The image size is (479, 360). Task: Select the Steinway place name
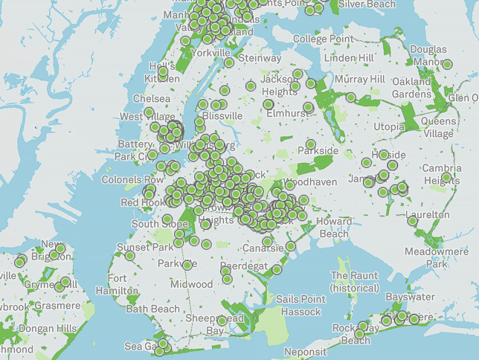pos(260,58)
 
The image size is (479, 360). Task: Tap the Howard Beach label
pos(334,228)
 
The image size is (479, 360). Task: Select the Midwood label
pos(191,284)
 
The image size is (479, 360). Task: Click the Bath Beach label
pos(152,309)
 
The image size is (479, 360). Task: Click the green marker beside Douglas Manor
pos(447,65)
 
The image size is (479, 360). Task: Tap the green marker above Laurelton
pos(412,220)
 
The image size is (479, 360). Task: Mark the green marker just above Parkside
pos(310,144)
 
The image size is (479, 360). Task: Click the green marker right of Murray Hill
pos(350,97)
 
